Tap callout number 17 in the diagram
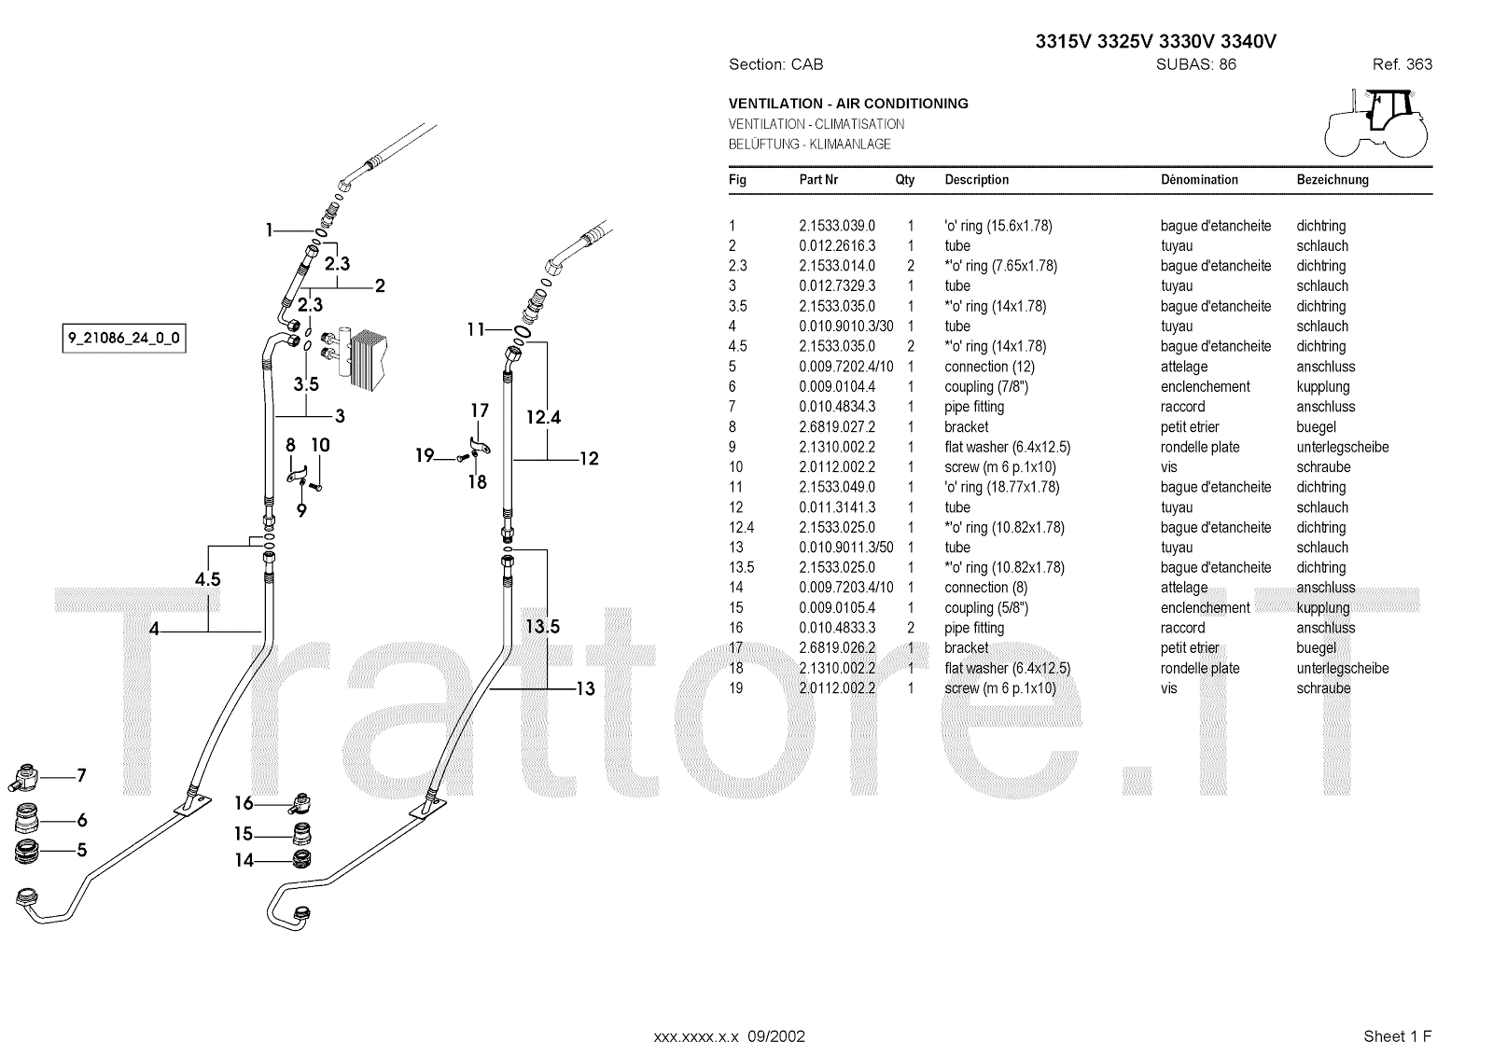(x=479, y=410)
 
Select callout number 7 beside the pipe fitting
(x=81, y=775)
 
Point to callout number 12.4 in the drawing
(x=543, y=417)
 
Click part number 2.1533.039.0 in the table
(x=837, y=226)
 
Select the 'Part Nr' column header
(x=818, y=179)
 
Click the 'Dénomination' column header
(x=1199, y=179)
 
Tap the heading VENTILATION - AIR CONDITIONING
(x=848, y=104)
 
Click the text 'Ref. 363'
(x=1402, y=64)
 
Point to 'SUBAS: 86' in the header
(x=1195, y=64)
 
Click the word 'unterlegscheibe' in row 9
(x=1342, y=447)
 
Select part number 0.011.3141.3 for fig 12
(x=837, y=507)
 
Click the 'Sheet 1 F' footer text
(x=1397, y=1035)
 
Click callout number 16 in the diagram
(x=244, y=803)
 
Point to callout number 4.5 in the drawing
(x=207, y=579)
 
